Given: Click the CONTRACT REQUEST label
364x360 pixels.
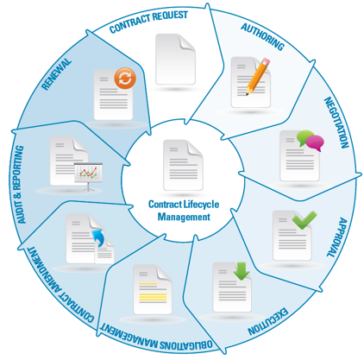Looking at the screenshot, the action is point(148,22).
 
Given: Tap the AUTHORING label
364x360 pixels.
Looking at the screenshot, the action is point(263,36).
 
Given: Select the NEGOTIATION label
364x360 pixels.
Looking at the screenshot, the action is point(336,123).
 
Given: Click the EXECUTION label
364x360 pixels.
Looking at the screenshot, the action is point(267,321).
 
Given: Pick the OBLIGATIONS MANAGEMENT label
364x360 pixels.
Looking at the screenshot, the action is point(156,336).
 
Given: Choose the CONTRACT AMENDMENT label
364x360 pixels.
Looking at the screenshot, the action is point(60,284).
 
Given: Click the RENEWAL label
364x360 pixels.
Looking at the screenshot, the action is point(56,74).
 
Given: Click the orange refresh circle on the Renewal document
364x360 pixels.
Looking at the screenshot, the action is point(125,78).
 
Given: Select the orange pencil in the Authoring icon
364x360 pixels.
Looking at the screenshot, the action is point(258,77).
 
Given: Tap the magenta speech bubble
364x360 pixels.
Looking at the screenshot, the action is point(315,143).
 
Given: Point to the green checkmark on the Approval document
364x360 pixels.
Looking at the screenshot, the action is point(304,219).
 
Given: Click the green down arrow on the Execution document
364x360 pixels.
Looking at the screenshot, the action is point(242,271).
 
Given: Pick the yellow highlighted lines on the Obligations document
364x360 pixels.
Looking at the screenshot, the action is point(153,293).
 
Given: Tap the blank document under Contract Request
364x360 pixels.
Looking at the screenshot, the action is point(175,59).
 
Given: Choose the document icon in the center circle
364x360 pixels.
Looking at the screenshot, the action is point(183,165).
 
